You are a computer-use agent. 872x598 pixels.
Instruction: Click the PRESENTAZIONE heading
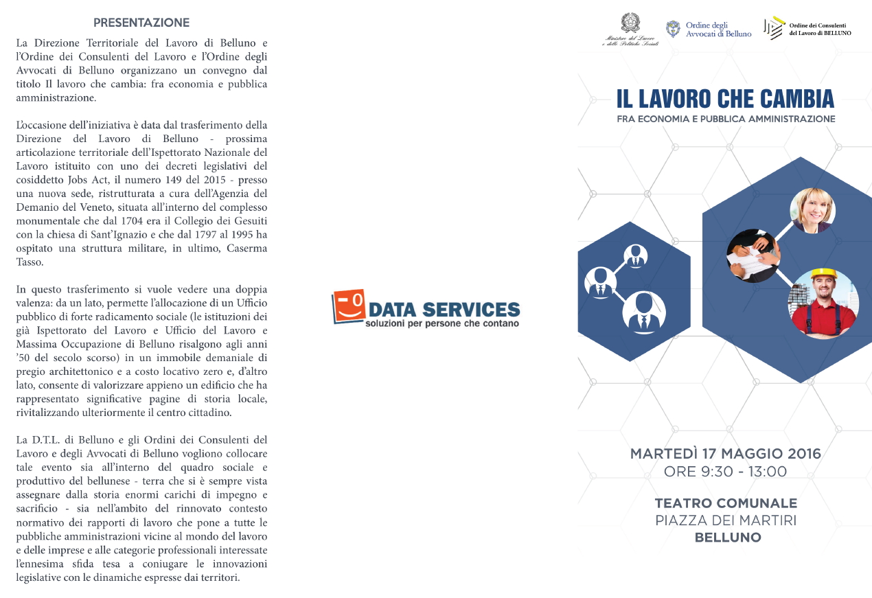tap(141, 23)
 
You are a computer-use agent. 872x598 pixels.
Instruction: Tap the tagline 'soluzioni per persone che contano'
tap(442, 323)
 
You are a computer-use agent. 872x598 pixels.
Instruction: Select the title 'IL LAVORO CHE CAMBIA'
tap(725, 99)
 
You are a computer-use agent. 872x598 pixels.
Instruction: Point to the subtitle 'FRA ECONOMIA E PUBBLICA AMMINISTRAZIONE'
tap(726, 119)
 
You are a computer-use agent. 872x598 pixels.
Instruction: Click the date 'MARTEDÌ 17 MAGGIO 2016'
tap(726, 454)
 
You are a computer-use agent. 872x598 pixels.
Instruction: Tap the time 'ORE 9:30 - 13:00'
tap(725, 472)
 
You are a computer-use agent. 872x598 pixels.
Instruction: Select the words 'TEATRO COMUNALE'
tap(726, 503)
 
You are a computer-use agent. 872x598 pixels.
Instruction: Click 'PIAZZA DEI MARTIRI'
tap(726, 520)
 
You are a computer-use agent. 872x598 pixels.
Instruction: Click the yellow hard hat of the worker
tap(822, 275)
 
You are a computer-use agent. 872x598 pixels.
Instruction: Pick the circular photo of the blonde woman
tap(812, 210)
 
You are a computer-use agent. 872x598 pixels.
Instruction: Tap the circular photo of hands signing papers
tap(753, 255)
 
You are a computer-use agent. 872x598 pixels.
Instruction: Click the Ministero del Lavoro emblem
tap(630, 23)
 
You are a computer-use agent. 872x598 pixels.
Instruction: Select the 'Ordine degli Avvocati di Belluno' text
tap(718, 30)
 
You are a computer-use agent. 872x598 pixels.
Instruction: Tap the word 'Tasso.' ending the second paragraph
tap(29, 262)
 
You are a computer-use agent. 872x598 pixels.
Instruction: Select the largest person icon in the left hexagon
tap(643, 313)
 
